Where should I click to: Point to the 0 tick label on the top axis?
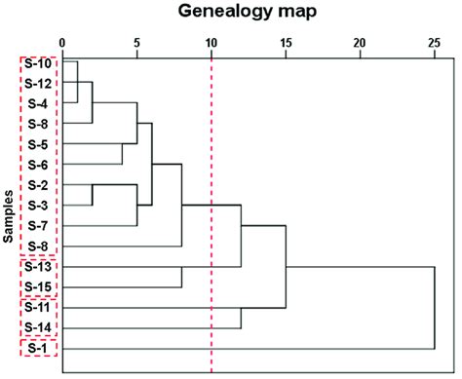click(62, 42)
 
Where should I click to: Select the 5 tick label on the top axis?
click(136, 42)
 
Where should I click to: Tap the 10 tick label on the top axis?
click(211, 42)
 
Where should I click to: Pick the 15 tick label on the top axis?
click(286, 42)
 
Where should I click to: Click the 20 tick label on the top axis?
click(360, 42)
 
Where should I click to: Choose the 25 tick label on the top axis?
click(434, 42)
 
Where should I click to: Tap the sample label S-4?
click(39, 103)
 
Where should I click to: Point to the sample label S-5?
click(39, 144)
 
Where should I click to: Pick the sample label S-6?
click(39, 165)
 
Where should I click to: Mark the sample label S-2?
click(39, 185)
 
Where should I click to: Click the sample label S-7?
click(39, 225)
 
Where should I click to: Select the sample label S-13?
click(39, 266)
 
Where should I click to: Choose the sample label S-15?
click(39, 286)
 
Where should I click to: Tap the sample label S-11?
click(39, 307)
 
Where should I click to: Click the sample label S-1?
click(39, 348)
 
